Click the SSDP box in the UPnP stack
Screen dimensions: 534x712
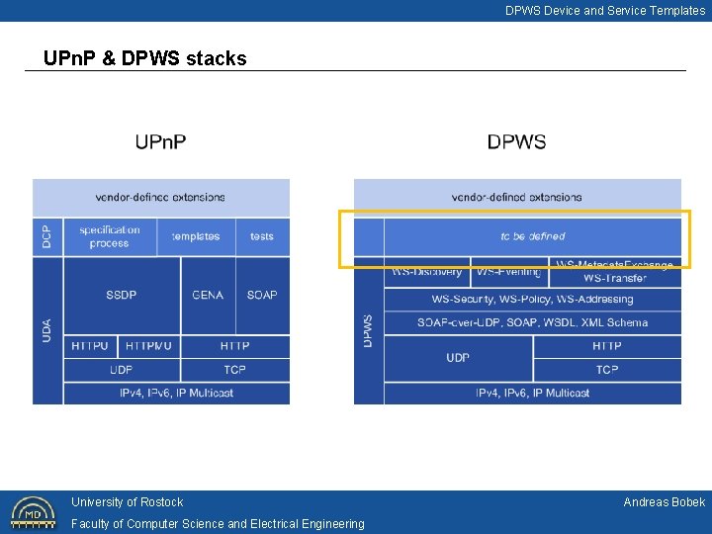pos(122,295)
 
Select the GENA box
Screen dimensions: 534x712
pos(208,295)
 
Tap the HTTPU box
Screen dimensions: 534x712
pos(90,346)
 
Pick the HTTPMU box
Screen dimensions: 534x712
pos(148,346)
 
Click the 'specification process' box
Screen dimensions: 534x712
pos(110,236)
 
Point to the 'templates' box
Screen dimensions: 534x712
pos(196,236)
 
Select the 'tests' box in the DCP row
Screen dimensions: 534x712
pos(262,236)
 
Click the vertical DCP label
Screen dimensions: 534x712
pos(46,236)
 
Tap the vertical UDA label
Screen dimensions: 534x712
pos(46,330)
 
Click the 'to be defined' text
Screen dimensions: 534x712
pos(532,236)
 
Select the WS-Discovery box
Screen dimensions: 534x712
pos(426,272)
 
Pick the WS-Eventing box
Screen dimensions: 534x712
pos(507,272)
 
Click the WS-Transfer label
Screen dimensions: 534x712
pos(614,279)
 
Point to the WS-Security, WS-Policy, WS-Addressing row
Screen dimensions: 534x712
pos(532,299)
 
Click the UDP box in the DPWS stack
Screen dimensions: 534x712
pos(458,358)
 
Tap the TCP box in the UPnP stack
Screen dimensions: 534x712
pos(234,370)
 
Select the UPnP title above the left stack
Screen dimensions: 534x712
pos(160,142)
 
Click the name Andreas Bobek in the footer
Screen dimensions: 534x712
pos(664,502)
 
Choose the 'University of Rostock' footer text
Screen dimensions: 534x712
pos(127,502)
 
